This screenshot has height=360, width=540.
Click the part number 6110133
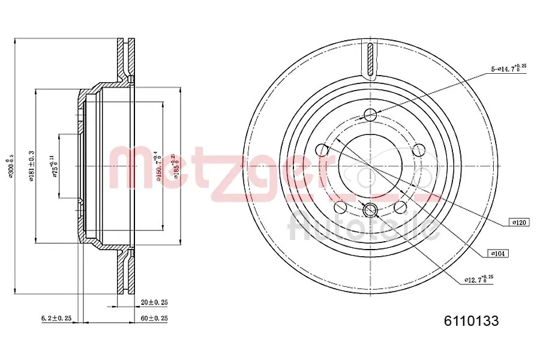471,321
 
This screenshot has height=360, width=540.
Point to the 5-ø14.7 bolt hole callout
508,69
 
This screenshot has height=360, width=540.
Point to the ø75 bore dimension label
55,165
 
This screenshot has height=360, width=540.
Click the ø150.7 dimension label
157,166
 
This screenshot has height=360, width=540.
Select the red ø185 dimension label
175,166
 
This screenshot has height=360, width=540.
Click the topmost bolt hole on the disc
370,115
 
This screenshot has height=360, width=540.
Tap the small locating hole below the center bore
370,209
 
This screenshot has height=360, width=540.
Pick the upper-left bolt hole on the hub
322,149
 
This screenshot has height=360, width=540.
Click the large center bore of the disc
370,165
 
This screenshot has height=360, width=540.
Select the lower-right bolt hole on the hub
400,207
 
